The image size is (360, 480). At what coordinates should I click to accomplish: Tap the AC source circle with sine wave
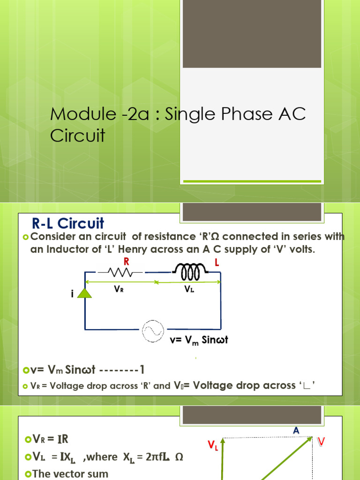click(x=152, y=330)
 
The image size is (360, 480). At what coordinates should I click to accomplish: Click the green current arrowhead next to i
click(x=84, y=293)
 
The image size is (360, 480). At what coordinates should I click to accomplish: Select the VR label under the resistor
click(x=119, y=290)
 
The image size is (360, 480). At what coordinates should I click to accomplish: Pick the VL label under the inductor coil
click(x=189, y=290)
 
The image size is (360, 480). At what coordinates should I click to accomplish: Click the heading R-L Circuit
click(x=67, y=223)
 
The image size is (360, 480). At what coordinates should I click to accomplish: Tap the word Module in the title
click(x=75, y=114)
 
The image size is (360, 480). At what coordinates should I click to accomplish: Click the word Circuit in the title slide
click(x=77, y=136)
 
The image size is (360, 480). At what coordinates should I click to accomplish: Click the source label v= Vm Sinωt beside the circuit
click(x=199, y=340)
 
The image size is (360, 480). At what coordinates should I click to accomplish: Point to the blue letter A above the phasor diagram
click(x=296, y=430)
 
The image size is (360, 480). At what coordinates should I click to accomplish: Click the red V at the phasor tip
click(x=321, y=441)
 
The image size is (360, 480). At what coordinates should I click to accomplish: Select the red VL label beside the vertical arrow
click(x=213, y=446)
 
